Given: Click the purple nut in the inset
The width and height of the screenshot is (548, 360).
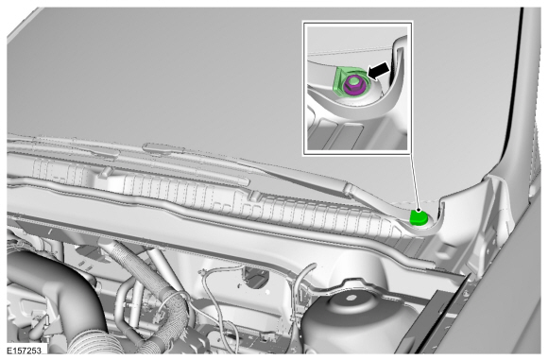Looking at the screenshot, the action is click(x=352, y=86).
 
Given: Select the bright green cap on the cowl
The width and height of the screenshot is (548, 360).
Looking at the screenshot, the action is click(x=419, y=217).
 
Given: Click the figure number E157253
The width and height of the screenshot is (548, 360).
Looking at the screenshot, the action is click(x=26, y=350).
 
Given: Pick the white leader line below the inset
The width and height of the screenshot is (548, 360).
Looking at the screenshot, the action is click(x=415, y=181).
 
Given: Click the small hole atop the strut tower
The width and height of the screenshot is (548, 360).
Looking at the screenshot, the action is click(x=351, y=299).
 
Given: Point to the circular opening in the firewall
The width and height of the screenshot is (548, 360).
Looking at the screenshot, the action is click(x=257, y=277).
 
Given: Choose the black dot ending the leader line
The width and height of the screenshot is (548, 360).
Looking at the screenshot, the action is click(x=418, y=210).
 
